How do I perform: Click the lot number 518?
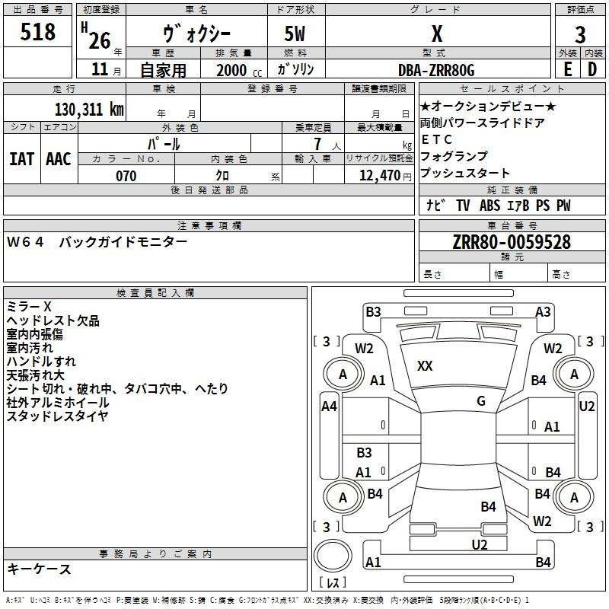pyautogui.click(x=39, y=33)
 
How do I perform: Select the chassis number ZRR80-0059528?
pyautogui.click(x=511, y=242)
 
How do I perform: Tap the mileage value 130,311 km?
pyautogui.click(x=89, y=110)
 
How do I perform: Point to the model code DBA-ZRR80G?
pyautogui.click(x=436, y=70)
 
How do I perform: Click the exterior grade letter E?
pyautogui.click(x=566, y=69)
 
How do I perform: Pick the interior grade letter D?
pyautogui.click(x=592, y=69)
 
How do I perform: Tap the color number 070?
pyautogui.click(x=126, y=175)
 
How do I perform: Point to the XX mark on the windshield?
pyautogui.click(x=425, y=366)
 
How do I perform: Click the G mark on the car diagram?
pyautogui.click(x=480, y=401)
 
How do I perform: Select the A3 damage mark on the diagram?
pyautogui.click(x=543, y=311)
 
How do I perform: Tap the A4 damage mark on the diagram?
pyautogui.click(x=329, y=407)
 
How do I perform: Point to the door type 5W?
pyautogui.click(x=295, y=34)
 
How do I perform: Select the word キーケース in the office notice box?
pyautogui.click(x=39, y=569)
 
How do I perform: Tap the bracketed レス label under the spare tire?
pyautogui.click(x=332, y=583)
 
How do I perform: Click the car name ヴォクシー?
pyautogui.click(x=196, y=34)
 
